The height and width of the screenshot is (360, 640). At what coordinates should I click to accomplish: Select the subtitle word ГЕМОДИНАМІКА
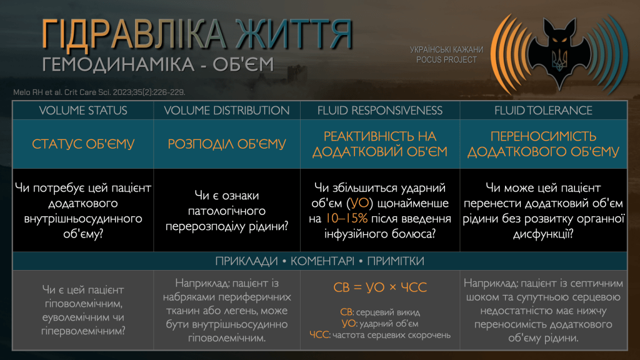118,64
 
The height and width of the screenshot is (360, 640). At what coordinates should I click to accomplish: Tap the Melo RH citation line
99,92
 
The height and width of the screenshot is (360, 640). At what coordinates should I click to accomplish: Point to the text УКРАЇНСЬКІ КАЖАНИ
446,50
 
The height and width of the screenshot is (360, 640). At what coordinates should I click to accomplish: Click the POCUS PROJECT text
446,60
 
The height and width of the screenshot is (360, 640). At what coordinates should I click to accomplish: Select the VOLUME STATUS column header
83,111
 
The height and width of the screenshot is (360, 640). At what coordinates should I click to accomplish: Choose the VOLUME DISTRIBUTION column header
227,111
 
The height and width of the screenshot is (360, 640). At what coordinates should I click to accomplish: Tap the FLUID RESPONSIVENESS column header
380,111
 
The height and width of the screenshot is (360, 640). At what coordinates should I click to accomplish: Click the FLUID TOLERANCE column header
543,111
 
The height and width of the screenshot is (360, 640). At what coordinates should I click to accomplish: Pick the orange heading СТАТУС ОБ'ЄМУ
83,144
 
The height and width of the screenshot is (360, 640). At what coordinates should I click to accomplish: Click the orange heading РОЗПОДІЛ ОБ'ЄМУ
227,144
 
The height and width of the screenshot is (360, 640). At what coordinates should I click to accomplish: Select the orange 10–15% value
346,218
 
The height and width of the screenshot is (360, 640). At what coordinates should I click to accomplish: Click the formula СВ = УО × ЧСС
380,287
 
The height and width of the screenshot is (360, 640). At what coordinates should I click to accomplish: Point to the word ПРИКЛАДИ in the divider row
246,261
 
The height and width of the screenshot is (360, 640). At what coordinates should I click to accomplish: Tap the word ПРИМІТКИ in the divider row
396,261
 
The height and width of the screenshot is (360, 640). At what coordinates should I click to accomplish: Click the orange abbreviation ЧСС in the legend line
319,335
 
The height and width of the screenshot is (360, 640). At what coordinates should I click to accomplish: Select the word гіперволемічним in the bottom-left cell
83,331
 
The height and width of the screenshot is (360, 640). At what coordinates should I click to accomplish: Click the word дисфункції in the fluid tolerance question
543,234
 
